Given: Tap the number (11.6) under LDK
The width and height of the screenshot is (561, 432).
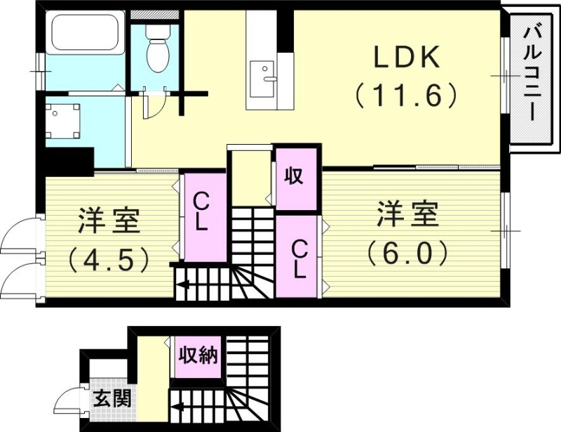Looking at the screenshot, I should point(406,95).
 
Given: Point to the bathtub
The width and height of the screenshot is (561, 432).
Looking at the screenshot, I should point(85,34).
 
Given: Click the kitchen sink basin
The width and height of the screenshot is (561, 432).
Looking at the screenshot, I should point(264,72).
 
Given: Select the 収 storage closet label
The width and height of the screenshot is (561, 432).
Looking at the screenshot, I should point(294,176).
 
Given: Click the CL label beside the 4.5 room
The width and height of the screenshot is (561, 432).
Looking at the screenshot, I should point(201,213).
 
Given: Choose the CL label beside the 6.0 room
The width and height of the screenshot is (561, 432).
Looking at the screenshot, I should point(299,258).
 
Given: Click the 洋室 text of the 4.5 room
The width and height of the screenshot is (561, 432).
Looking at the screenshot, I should point(109,221).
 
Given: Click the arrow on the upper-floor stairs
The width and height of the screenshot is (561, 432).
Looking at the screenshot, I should point(183,284).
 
